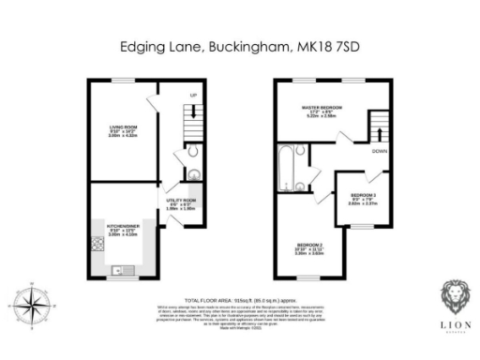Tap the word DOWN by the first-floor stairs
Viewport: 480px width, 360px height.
point(381,151)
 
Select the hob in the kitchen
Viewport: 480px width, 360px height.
point(97,245)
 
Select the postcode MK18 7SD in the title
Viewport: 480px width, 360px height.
point(331,45)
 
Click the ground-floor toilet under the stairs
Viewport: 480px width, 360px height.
point(191,153)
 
